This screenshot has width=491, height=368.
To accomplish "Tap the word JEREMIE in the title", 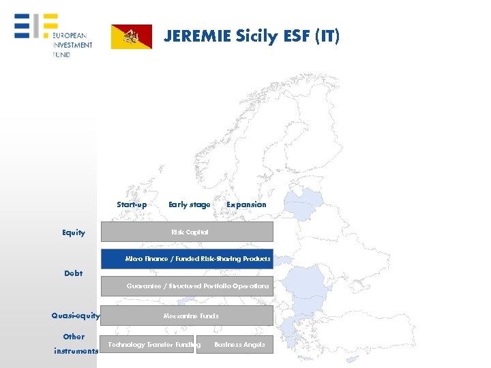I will [x=198, y=36].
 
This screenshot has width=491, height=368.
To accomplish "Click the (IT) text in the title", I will [x=326, y=36].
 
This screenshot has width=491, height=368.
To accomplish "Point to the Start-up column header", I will [x=132, y=204].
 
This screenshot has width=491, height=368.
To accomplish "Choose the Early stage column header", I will [x=189, y=204].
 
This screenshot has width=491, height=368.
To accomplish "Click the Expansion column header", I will [x=246, y=204].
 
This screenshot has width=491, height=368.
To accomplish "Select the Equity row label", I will [x=74, y=233].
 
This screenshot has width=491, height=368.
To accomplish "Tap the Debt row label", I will [x=73, y=273].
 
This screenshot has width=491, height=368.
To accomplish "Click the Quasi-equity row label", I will [x=76, y=316].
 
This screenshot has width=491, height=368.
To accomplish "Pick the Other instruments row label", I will [x=74, y=343].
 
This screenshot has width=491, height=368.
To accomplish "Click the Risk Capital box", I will [x=187, y=232].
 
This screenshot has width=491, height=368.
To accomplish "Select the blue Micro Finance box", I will [x=187, y=259].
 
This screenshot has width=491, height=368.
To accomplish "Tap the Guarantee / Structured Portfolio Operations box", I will [x=187, y=286].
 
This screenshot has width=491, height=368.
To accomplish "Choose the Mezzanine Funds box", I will [x=187, y=316].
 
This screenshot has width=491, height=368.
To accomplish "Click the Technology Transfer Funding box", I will [x=147, y=345].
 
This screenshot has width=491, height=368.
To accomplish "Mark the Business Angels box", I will [x=236, y=345].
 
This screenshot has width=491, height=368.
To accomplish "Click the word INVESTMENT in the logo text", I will [x=72, y=45].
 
